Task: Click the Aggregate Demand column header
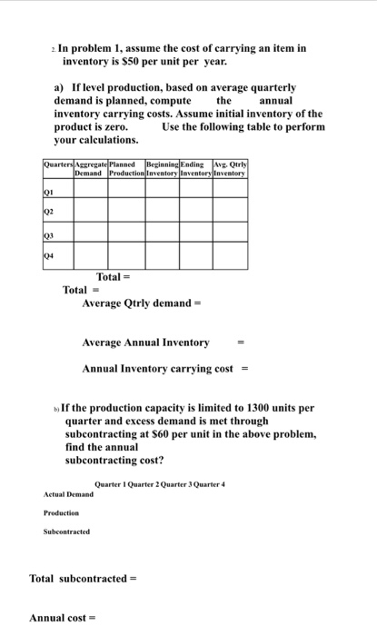[91, 167]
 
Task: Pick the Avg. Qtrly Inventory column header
[230, 167]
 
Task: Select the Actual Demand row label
[68, 494]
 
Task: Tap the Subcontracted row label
[66, 532]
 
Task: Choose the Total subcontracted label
[76, 579]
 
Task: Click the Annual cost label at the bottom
[59, 618]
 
